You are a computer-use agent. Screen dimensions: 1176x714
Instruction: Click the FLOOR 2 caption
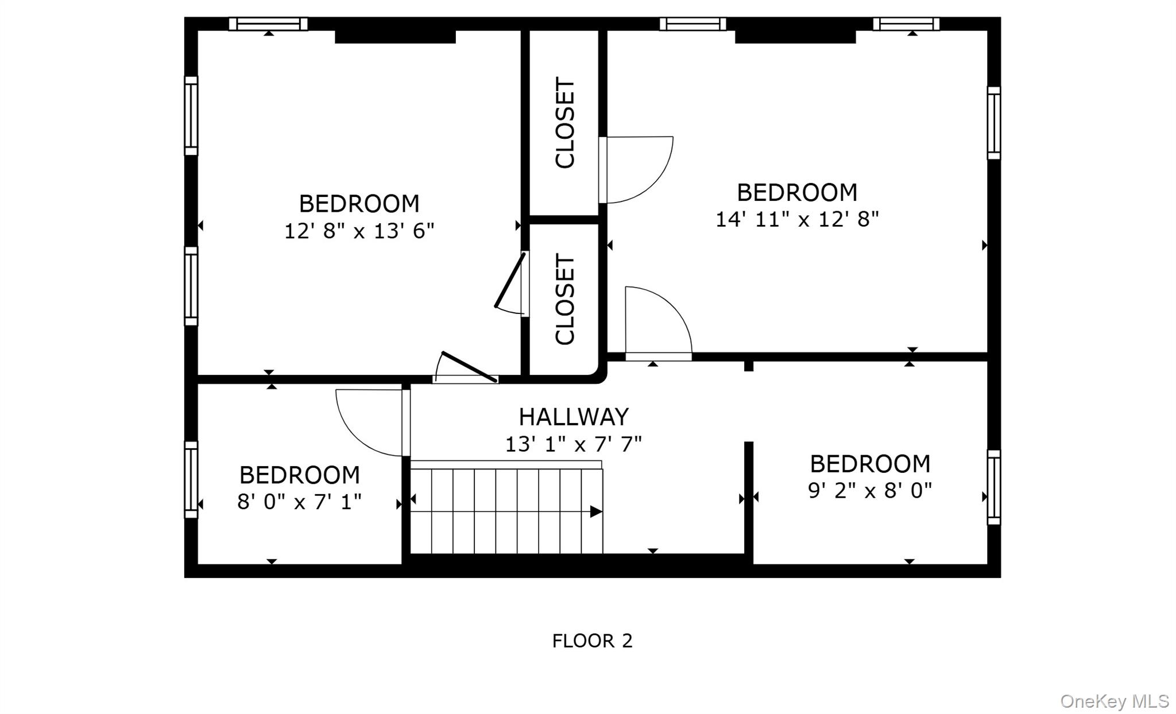[592, 641]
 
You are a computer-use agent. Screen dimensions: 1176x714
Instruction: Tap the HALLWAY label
[574, 417]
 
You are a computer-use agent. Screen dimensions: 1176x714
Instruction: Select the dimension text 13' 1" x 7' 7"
[573, 444]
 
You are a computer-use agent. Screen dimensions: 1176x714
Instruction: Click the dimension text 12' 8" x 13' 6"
[359, 231]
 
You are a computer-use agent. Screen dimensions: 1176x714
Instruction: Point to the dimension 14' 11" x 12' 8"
[797, 219]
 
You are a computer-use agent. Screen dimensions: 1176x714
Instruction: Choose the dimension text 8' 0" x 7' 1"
[299, 502]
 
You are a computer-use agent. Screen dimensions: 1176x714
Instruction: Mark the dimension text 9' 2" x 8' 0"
[870, 490]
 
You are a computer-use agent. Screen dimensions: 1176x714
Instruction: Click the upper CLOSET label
[565, 123]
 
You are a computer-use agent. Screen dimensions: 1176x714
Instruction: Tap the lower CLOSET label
[565, 300]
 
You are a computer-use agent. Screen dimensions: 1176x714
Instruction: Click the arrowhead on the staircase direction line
[596, 511]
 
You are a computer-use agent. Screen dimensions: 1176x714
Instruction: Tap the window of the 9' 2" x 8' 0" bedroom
[993, 487]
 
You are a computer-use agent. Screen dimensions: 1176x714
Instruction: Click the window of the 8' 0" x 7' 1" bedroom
[191, 479]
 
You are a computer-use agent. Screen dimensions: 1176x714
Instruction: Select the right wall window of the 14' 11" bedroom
[993, 123]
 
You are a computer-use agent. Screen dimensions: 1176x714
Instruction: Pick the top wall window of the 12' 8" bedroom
[268, 24]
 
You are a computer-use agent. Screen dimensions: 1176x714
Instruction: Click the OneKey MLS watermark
[1115, 701]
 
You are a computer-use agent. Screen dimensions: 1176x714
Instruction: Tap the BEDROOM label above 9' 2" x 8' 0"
[870, 464]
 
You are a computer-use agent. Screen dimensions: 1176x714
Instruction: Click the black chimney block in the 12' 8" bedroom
[395, 37]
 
